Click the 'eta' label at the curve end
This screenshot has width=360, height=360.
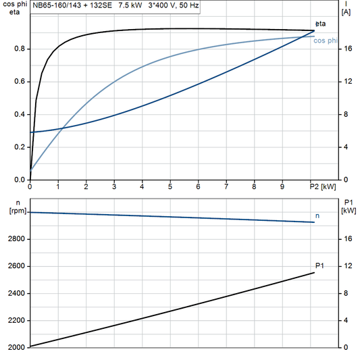319,24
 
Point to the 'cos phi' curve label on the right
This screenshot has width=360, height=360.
326,41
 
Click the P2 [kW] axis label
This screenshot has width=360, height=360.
322,186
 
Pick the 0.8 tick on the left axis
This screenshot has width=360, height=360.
19,49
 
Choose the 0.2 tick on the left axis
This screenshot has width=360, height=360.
19,147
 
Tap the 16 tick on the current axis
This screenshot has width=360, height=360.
347,49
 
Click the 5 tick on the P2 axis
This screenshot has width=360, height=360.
170,186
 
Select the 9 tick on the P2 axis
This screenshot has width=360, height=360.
282,186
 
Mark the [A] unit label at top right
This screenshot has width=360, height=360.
346,12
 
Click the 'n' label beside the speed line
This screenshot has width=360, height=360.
318,215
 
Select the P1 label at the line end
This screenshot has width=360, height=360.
319,265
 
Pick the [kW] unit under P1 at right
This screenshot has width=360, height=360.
348,211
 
